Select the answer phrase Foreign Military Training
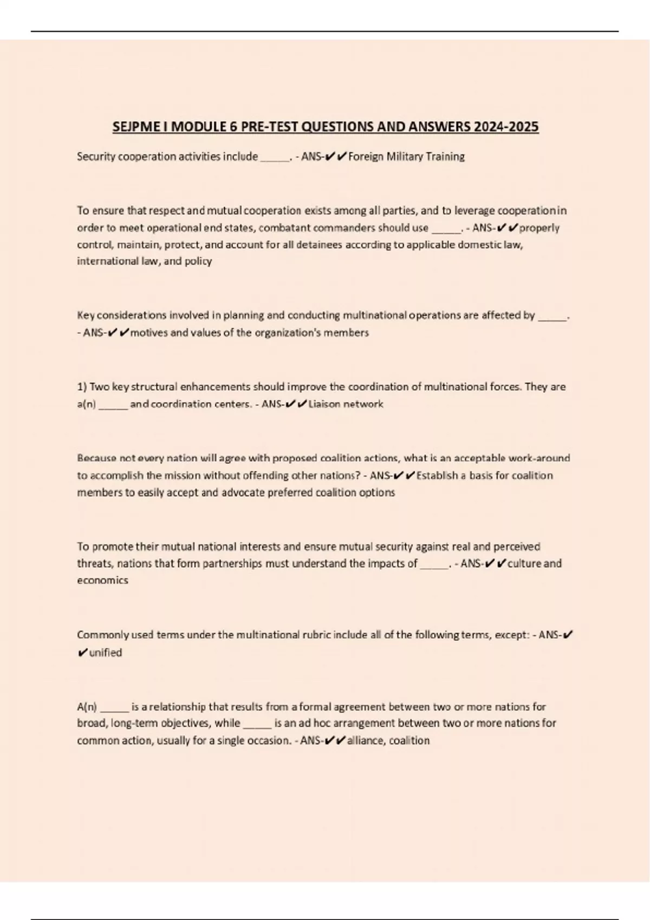coord(406,157)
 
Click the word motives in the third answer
coord(149,333)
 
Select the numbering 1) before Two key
coord(82,387)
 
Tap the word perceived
coord(517,547)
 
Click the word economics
coord(102,581)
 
